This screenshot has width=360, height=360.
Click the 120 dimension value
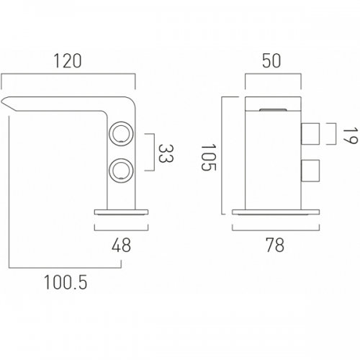[68, 61]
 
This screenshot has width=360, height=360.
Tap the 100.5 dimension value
[66, 282]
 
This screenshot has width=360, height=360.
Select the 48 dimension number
[121, 245]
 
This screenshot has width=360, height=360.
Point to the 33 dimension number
[166, 153]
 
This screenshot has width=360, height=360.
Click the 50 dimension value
[271, 61]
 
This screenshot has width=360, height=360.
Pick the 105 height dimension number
[209, 157]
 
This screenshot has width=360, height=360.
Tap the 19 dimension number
[350, 136]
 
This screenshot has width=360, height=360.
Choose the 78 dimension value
[275, 245]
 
